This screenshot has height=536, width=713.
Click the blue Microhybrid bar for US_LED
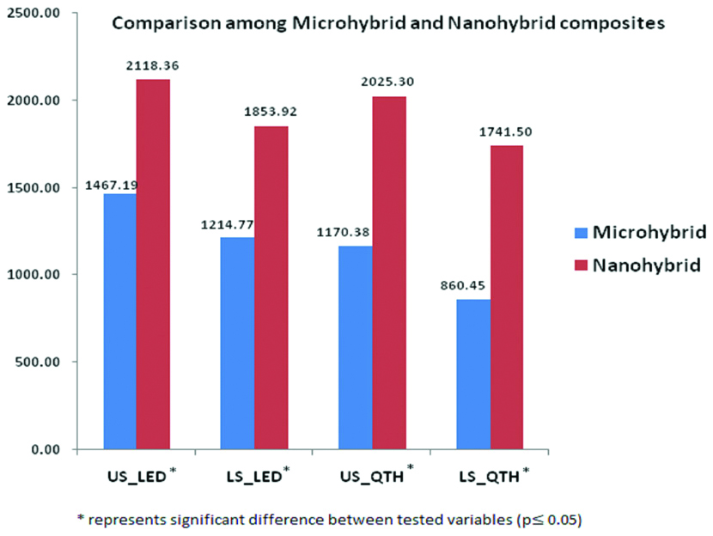click(x=119, y=321)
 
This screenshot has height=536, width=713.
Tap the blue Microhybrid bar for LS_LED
click(x=238, y=343)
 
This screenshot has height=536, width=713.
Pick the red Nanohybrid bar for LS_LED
click(x=271, y=288)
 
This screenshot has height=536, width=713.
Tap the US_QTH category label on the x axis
click(x=373, y=475)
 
